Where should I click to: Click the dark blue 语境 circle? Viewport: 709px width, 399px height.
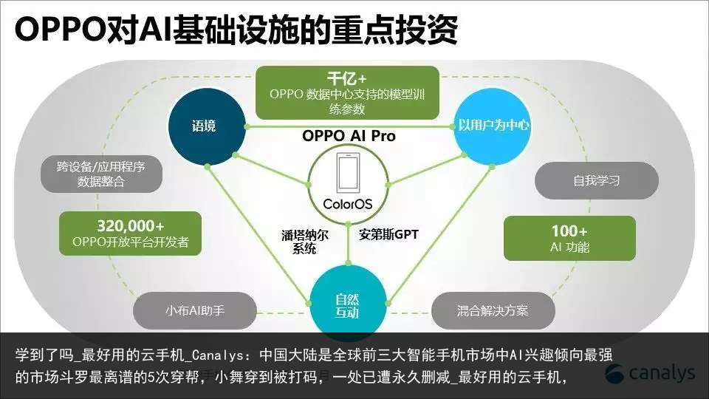click(207, 126)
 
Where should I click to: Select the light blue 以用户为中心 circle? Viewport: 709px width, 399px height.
click(493, 126)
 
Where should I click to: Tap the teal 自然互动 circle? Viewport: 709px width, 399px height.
click(348, 304)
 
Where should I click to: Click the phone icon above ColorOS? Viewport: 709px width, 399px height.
click(348, 173)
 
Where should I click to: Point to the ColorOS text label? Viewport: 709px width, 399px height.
click(348, 205)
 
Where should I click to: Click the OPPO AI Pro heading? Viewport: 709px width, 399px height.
click(349, 136)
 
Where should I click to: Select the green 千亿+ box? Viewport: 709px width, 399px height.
click(347, 93)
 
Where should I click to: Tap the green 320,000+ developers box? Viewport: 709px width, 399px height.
click(130, 233)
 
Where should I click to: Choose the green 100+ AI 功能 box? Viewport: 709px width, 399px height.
click(569, 239)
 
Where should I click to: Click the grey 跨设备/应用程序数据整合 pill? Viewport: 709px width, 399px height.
click(101, 174)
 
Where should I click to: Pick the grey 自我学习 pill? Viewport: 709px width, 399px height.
click(597, 180)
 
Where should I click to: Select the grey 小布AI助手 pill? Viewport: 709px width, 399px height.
click(195, 311)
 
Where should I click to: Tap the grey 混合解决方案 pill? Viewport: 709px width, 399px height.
click(493, 311)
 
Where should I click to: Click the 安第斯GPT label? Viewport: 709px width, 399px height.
click(389, 234)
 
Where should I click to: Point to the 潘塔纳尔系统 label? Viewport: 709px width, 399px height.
click(304, 242)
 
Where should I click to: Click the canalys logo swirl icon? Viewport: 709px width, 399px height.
click(614, 374)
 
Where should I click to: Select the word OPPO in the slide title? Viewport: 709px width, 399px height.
click(60, 30)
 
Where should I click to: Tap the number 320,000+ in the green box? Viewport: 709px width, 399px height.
click(131, 226)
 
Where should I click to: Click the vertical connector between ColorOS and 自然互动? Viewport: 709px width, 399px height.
click(348, 243)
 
